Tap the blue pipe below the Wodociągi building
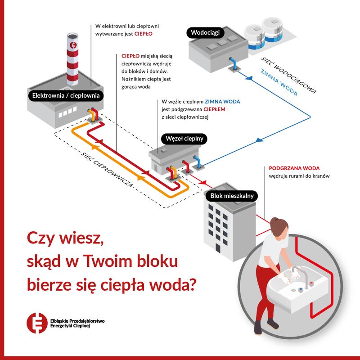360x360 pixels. point(232,63)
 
